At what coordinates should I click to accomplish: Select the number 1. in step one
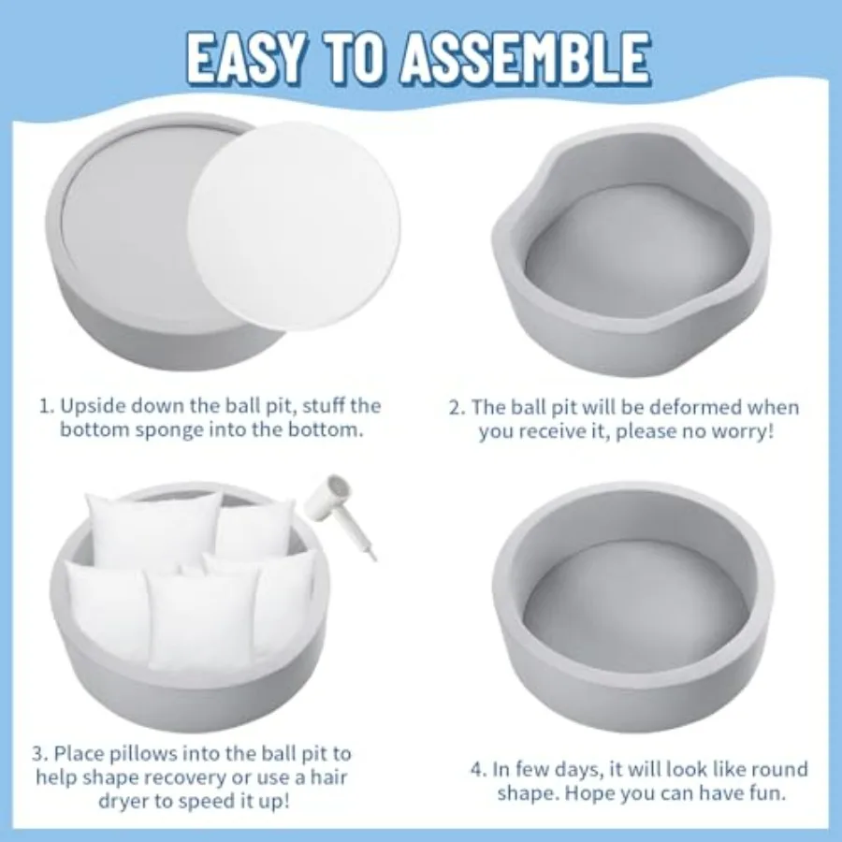coord(47,406)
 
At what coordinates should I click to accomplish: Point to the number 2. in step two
coord(457,408)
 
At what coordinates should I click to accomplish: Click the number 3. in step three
coord(40,753)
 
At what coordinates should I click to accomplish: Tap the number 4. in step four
coord(479,770)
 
